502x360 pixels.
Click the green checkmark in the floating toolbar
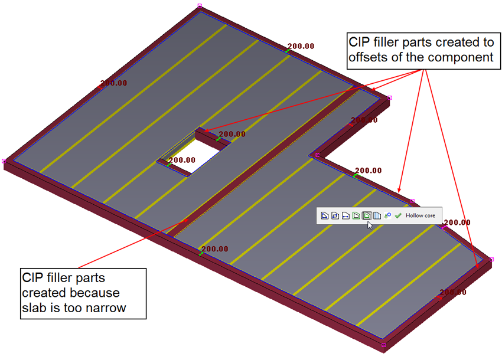tap(399, 216)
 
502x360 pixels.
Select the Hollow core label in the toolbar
tap(420, 216)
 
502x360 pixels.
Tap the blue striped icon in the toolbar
tap(377, 216)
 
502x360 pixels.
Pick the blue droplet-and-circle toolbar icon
tap(388, 216)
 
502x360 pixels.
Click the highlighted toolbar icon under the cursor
tap(366, 216)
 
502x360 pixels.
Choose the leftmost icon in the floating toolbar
tap(324, 216)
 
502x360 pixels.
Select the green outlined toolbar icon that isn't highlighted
tap(356, 216)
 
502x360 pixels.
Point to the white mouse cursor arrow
tap(370, 224)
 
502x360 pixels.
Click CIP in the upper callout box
tap(359, 42)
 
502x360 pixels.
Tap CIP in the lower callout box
tap(33, 277)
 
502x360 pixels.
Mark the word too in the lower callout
tap(71, 307)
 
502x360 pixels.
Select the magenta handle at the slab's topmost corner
tap(200, 5)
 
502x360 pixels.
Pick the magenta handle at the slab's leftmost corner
tap(4, 161)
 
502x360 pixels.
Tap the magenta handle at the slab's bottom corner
tap(383, 345)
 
